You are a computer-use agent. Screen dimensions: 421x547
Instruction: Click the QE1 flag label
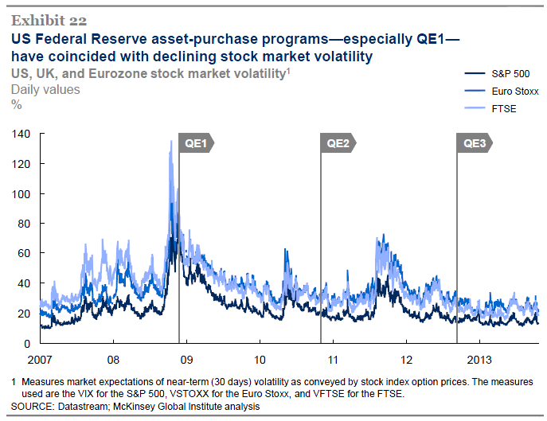pos(196,143)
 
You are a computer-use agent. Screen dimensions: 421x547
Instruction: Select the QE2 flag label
pos(338,143)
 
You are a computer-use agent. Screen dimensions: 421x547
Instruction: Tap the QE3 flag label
pos(475,143)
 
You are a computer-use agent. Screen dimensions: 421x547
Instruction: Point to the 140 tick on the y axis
pos(21,134)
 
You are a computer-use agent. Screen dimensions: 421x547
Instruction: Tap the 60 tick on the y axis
pos(25,253)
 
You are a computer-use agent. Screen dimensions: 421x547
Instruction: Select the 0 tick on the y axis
pos(27,343)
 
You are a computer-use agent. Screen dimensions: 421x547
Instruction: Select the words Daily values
pos(45,89)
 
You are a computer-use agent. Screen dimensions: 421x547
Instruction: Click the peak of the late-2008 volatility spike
pos(170,142)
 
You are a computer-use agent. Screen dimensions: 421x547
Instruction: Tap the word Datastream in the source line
pos(92,407)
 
